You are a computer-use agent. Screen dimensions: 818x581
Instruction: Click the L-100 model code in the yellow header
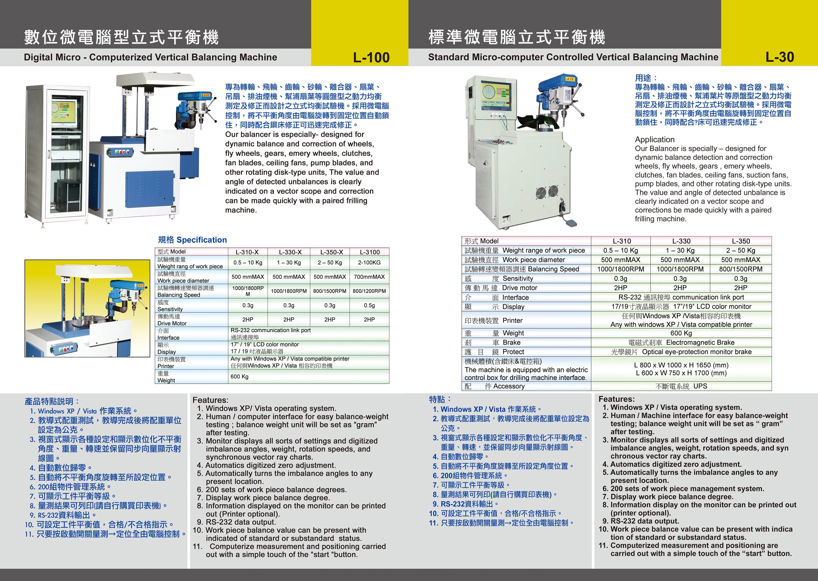[371, 57]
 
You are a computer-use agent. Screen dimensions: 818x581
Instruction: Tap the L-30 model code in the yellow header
[780, 57]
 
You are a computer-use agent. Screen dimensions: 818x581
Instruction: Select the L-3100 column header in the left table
[370, 252]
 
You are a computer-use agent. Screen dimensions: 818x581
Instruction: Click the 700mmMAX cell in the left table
[369, 277]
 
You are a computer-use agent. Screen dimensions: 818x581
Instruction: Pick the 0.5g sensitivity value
[369, 305]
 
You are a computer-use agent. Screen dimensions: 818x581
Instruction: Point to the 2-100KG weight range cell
[369, 262]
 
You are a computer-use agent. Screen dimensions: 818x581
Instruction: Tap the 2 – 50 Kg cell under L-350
[741, 250]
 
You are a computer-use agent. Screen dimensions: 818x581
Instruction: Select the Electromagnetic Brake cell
[681, 342]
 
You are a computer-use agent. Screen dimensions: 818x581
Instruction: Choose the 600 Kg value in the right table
[681, 333]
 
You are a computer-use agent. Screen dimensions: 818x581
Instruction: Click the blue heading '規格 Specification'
[192, 240]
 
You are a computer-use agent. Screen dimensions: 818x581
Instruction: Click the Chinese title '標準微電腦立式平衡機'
[517, 37]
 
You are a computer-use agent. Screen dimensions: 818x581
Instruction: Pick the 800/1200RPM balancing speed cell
[369, 291]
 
